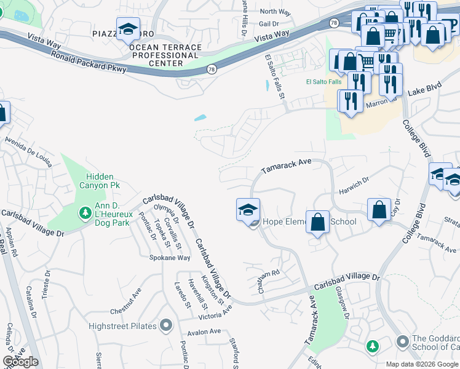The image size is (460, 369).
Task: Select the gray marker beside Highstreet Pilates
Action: pos(165,325)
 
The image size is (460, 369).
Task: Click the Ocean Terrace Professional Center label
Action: pos(165,55)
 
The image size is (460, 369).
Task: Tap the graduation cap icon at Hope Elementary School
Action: pos(248,210)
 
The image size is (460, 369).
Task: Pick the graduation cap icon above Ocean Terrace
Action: pos(128,30)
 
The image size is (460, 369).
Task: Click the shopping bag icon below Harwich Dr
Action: pos(379,210)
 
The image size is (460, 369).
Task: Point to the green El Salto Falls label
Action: pos(323,82)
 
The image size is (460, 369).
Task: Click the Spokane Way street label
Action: pos(170,258)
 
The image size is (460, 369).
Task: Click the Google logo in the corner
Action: pos(20,362)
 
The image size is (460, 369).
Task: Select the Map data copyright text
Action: pos(422,364)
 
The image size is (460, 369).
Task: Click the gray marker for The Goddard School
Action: pos(402,341)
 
